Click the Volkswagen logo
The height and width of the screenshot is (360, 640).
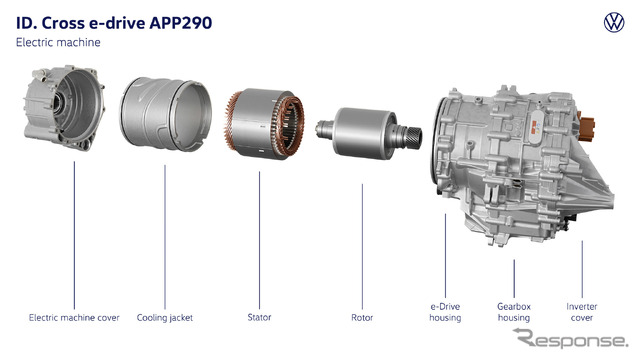(614, 22)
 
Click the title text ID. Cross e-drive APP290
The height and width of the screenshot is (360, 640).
(114, 23)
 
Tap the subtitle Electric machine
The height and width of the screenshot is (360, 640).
(58, 42)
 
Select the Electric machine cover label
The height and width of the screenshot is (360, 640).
(74, 318)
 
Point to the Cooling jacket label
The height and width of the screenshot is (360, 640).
(164, 318)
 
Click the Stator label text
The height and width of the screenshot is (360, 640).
(259, 317)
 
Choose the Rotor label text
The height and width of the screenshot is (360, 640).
(362, 318)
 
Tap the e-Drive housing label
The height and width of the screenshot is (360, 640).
(445, 312)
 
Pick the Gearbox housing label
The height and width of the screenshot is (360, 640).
(514, 312)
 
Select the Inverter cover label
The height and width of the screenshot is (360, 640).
(582, 312)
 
